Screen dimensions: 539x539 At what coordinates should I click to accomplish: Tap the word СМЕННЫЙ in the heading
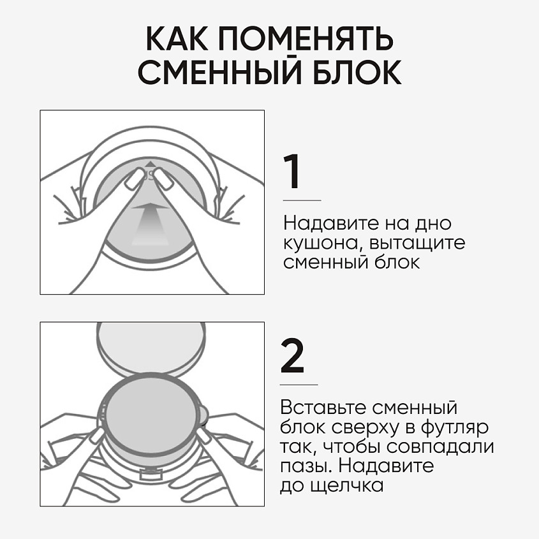[x=220, y=72]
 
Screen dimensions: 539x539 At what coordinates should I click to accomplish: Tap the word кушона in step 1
[x=320, y=244]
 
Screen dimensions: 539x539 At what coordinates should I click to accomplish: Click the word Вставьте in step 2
[x=323, y=408]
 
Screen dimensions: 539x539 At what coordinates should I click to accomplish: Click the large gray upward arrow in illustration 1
[x=151, y=223]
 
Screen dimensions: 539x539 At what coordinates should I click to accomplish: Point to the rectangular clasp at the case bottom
[x=151, y=475]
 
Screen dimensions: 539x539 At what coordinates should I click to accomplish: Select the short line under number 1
[x=302, y=200]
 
